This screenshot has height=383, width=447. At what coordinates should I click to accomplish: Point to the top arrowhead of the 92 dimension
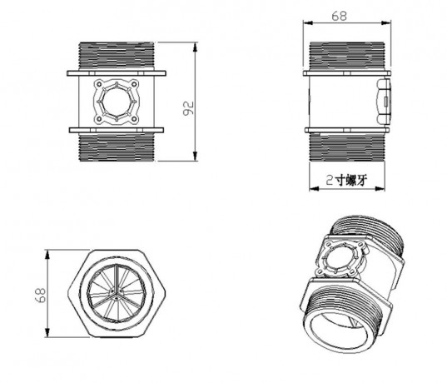point(196,43)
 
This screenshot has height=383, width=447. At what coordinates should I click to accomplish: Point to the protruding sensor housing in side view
point(385,101)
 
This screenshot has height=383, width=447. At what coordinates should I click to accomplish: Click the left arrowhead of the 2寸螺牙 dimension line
point(311,187)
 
